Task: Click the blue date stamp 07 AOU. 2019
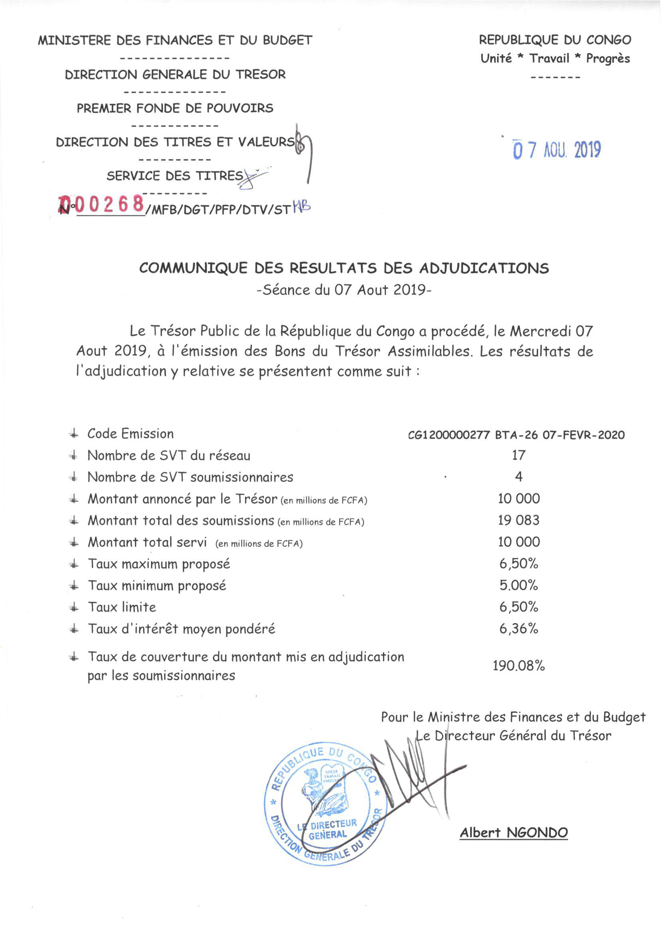click(x=557, y=150)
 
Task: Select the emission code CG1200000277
click(x=449, y=435)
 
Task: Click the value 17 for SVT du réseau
click(x=519, y=455)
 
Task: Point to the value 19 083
click(x=519, y=520)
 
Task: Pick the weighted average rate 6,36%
click(x=519, y=629)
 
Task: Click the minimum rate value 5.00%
click(x=519, y=585)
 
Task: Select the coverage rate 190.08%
click(x=519, y=665)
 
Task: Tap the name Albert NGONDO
click(x=514, y=832)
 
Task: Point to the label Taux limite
click(x=122, y=607)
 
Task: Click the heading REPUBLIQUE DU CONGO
click(x=555, y=40)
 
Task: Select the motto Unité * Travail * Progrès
click(x=555, y=59)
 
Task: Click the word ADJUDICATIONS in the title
click(x=484, y=268)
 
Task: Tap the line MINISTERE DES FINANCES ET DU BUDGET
click(x=175, y=40)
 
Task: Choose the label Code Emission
click(x=130, y=434)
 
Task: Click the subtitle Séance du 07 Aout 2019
click(x=344, y=290)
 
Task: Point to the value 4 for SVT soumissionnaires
click(x=519, y=477)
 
